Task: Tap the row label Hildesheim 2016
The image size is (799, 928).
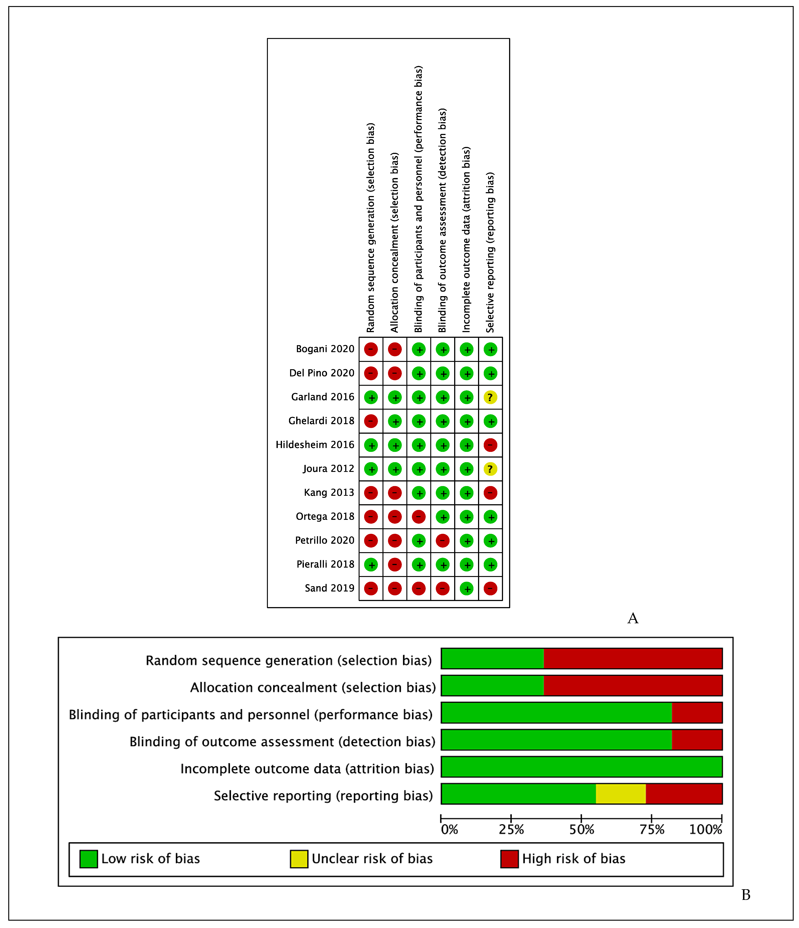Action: point(315,445)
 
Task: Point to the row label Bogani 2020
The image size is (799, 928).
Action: point(325,349)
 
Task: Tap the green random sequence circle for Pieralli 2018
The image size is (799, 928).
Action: point(371,565)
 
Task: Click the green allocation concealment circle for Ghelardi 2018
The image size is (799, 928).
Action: point(395,421)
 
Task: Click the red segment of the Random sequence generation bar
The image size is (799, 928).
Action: point(632,658)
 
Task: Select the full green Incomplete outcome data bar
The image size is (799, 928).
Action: point(581,767)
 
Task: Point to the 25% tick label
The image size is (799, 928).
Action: point(511,830)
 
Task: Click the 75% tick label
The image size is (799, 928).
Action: point(652,830)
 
